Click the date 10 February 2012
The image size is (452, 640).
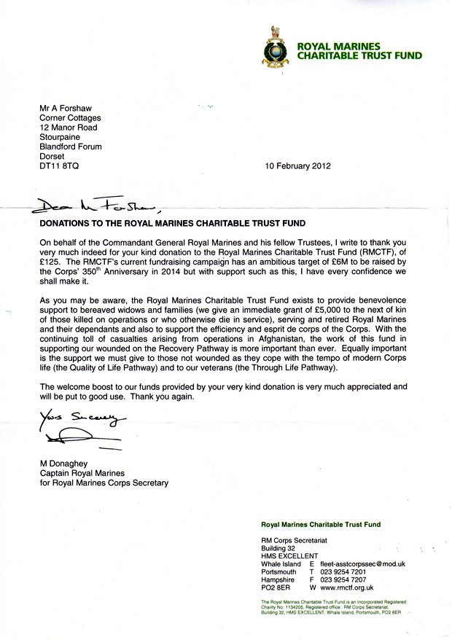[298, 165]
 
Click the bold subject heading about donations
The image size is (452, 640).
[172, 222]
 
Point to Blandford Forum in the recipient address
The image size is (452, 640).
[70, 147]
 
